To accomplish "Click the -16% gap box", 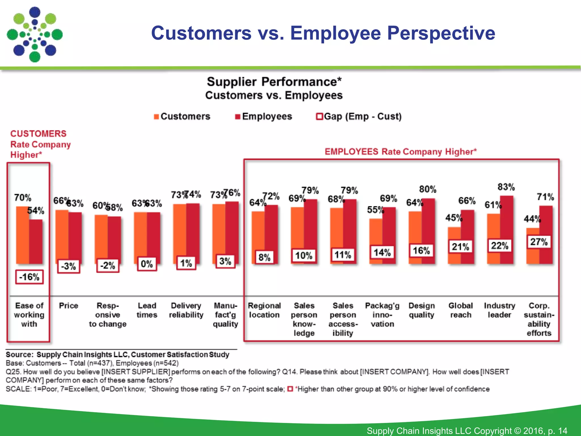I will click(30, 277).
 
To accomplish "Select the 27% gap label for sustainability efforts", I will click(539, 242).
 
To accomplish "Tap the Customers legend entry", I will click(182, 116).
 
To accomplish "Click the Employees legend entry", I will click(264, 116).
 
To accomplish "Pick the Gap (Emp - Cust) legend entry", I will click(359, 116).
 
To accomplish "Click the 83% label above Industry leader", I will click(506, 187).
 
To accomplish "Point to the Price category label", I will click(68, 306).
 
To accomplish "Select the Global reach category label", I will click(460, 310).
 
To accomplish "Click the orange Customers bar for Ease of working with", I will click(22, 236).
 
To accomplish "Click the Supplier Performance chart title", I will click(274, 82).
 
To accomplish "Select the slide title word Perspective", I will click(441, 33).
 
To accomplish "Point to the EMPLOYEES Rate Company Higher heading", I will click(401, 152).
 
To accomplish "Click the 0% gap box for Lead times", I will click(147, 264).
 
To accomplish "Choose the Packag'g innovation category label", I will click(382, 315).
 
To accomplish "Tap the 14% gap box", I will click(382, 252).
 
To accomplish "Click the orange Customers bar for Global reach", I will click(454, 246).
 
